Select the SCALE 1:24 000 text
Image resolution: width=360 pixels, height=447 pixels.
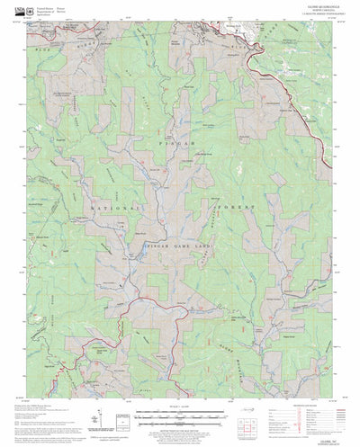[180, 387]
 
